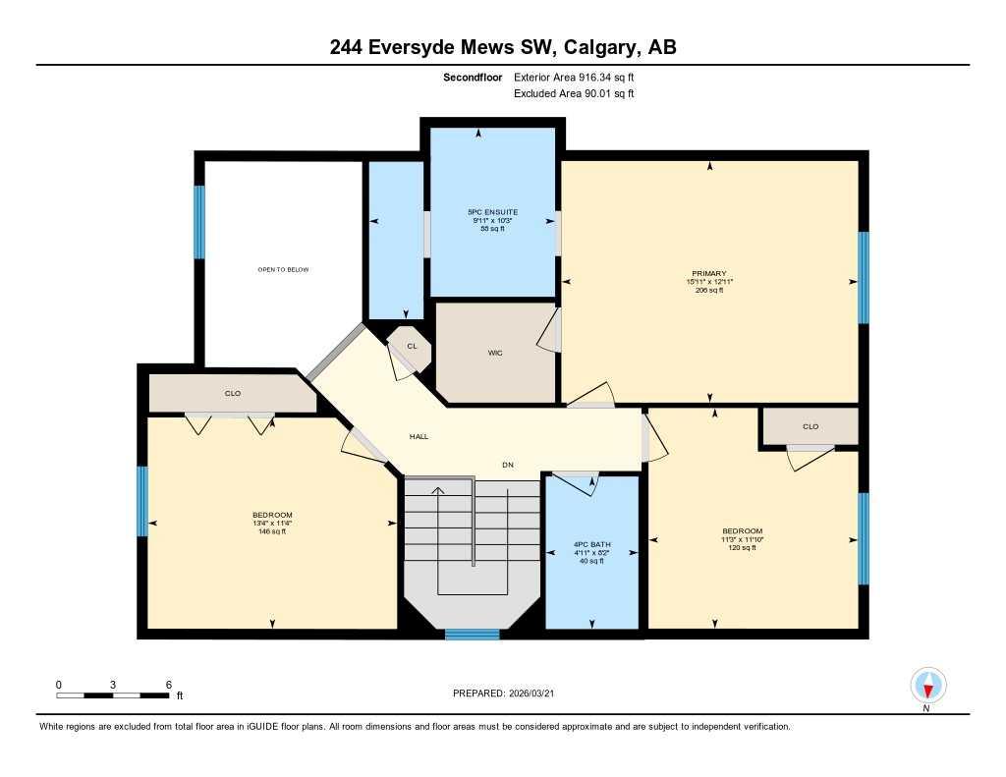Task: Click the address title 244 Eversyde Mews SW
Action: tap(503, 47)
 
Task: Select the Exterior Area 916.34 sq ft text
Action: tap(581, 77)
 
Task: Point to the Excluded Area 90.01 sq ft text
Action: tap(574, 94)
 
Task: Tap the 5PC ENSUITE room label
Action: tap(492, 212)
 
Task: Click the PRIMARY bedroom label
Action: tap(708, 273)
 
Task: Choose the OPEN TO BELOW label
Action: tap(283, 269)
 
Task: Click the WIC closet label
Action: tap(495, 353)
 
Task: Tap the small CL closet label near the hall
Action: tap(412, 346)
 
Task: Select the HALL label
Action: tap(419, 437)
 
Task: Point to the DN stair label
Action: tap(507, 465)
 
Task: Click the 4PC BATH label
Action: tap(591, 544)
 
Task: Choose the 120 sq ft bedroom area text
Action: tap(741, 547)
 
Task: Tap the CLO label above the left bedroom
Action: tap(233, 394)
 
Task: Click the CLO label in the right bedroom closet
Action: tap(810, 426)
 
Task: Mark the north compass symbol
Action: tap(927, 685)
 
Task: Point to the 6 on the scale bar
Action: tap(169, 684)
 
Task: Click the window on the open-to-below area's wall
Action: tap(199, 222)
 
